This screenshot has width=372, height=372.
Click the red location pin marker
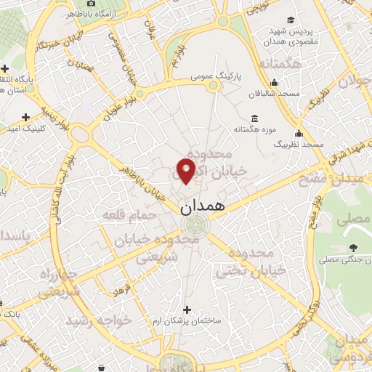pyautogui.click(x=187, y=171)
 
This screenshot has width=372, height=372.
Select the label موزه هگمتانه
pyautogui.click(x=254, y=129)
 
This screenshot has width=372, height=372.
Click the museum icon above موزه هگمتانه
pyautogui.click(x=254, y=118)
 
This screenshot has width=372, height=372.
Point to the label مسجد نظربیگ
pyautogui.click(x=298, y=145)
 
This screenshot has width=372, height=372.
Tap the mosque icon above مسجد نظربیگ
pyautogui.click(x=299, y=134)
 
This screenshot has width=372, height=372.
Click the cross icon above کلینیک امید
pyautogui.click(x=26, y=116)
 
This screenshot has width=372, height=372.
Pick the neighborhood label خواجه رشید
pyautogui.click(x=100, y=320)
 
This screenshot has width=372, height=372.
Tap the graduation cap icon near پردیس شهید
pyautogui.click(x=291, y=20)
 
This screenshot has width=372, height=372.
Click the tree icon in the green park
pyautogui.click(x=354, y=248)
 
